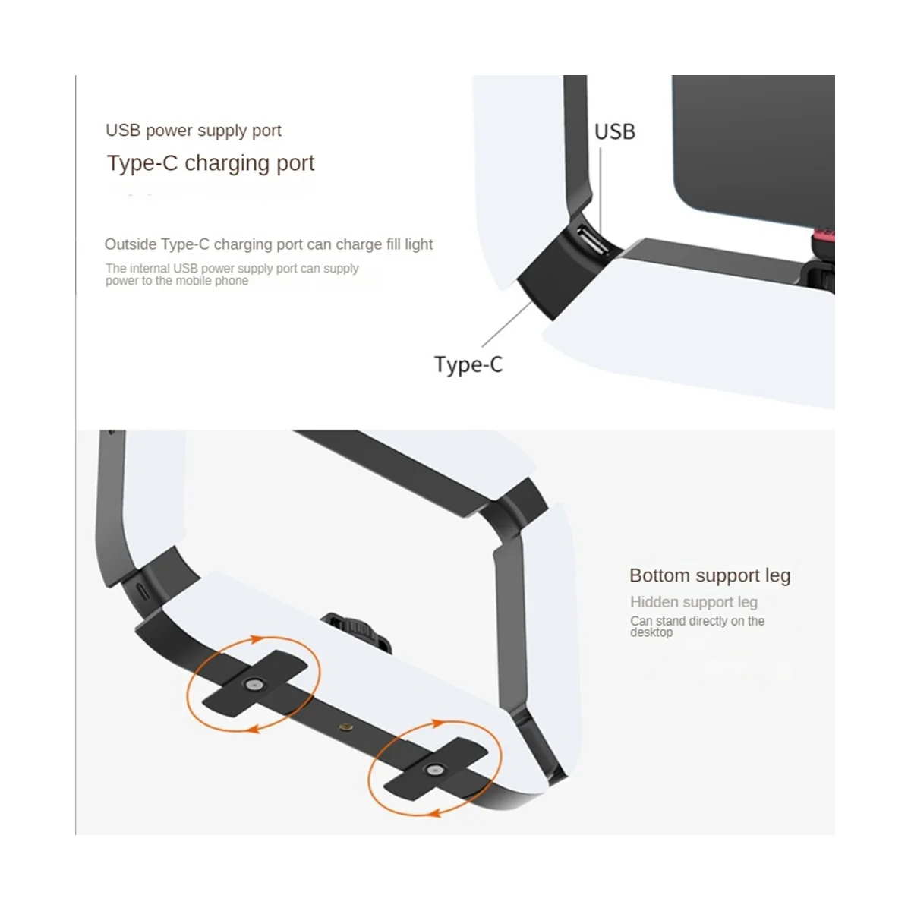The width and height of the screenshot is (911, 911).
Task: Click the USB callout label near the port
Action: pyautogui.click(x=614, y=132)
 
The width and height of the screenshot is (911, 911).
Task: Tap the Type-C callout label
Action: pyautogui.click(x=468, y=364)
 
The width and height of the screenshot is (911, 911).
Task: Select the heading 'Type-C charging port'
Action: pyautogui.click(x=210, y=163)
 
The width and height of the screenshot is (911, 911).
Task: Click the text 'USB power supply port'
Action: pyautogui.click(x=194, y=131)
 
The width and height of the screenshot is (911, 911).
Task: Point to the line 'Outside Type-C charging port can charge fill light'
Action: pyautogui.click(x=269, y=244)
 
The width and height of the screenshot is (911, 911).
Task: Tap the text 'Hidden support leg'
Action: pyautogui.click(x=694, y=602)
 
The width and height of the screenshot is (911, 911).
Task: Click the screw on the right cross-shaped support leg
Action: pyautogui.click(x=434, y=769)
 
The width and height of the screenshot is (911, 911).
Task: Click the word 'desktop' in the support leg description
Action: pyautogui.click(x=651, y=632)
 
